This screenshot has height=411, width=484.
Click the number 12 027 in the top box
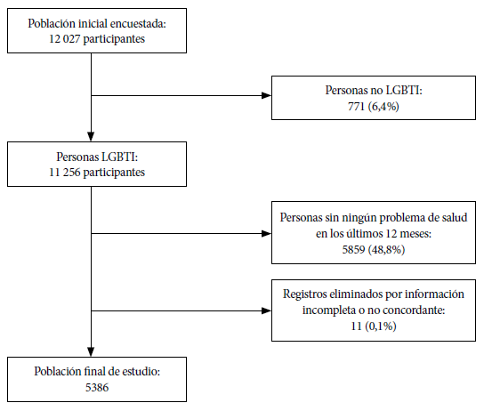(x=65, y=39)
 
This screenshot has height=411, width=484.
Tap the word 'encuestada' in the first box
(x=138, y=24)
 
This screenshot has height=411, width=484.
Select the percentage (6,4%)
(x=383, y=107)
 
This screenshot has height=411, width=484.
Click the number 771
(x=356, y=107)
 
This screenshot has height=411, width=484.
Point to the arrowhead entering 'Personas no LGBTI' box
(x=266, y=96)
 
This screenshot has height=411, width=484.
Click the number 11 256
(x=65, y=173)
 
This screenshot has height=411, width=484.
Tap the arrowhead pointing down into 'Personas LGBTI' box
(x=91, y=136)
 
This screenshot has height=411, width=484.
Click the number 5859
(x=353, y=249)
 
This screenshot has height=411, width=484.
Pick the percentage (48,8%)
(x=386, y=249)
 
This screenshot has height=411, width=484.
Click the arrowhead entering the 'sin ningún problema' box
(x=266, y=234)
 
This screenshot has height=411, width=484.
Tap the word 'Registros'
(x=305, y=294)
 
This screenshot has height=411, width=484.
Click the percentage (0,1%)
(x=381, y=326)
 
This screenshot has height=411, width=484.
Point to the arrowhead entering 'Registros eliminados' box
(x=266, y=310)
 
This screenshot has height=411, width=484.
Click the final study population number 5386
(x=97, y=388)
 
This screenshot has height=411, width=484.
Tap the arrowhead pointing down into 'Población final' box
(x=91, y=351)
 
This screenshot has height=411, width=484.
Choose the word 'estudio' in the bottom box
(x=141, y=372)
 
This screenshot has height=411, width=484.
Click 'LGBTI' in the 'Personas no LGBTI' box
(x=403, y=91)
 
